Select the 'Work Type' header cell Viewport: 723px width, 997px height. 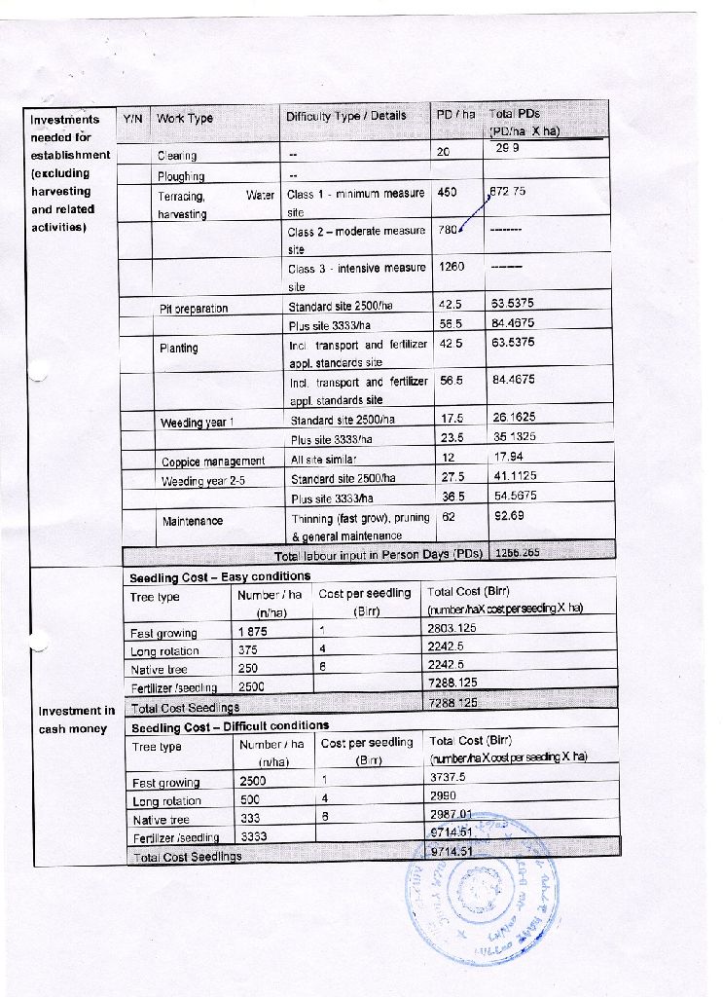pyautogui.click(x=184, y=118)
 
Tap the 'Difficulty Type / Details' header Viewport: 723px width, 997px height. pyautogui.click(x=345, y=116)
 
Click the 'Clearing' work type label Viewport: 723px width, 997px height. pyautogui.click(x=177, y=156)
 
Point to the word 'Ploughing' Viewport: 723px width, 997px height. pyautogui.click(x=181, y=176)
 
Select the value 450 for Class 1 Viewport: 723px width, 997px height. pyautogui.click(x=448, y=193)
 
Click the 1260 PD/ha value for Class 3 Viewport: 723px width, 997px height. pyautogui.click(x=452, y=267)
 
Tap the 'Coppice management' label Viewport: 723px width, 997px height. pyautogui.click(x=212, y=462)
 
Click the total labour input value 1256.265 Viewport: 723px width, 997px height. pyautogui.click(x=518, y=552)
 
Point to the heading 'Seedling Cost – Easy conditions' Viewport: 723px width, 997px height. pyautogui.click(x=219, y=577)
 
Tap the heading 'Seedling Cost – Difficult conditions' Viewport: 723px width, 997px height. pyautogui.click(x=230, y=725)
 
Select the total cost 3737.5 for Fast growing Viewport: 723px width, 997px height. pyautogui.click(x=448, y=777)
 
